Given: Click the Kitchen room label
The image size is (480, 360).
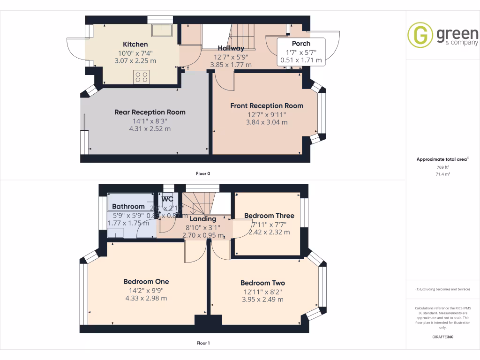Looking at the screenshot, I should coord(135,45).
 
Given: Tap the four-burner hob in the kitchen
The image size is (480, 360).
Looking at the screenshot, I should coord(142,76).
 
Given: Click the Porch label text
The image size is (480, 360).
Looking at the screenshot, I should coord(301,44).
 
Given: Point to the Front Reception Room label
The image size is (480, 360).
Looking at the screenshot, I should coord(266,106).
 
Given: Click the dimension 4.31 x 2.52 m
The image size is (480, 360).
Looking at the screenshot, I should coord(150,128).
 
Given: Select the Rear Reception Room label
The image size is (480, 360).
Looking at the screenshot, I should coord(150,112).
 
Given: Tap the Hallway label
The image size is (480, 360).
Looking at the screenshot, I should coord(231,48).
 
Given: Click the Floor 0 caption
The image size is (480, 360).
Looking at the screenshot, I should coord(203,173).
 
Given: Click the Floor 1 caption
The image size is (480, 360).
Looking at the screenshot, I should coord(203,343).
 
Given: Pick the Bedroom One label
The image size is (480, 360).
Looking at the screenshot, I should coord(146,282).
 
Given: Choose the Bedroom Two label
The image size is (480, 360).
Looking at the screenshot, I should coord(262,283).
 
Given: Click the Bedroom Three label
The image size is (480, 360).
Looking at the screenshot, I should coord(269,216).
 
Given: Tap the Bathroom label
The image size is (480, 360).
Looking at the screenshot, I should coord(128,207).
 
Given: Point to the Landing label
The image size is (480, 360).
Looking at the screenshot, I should coord(203,219).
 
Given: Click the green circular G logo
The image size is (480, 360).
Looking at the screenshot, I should coord(420,35).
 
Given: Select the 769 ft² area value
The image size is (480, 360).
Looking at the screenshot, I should coord(442,167).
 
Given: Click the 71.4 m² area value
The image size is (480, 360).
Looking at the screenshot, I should coord(442,173).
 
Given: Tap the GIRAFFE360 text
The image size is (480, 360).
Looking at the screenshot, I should coord(442,337).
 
